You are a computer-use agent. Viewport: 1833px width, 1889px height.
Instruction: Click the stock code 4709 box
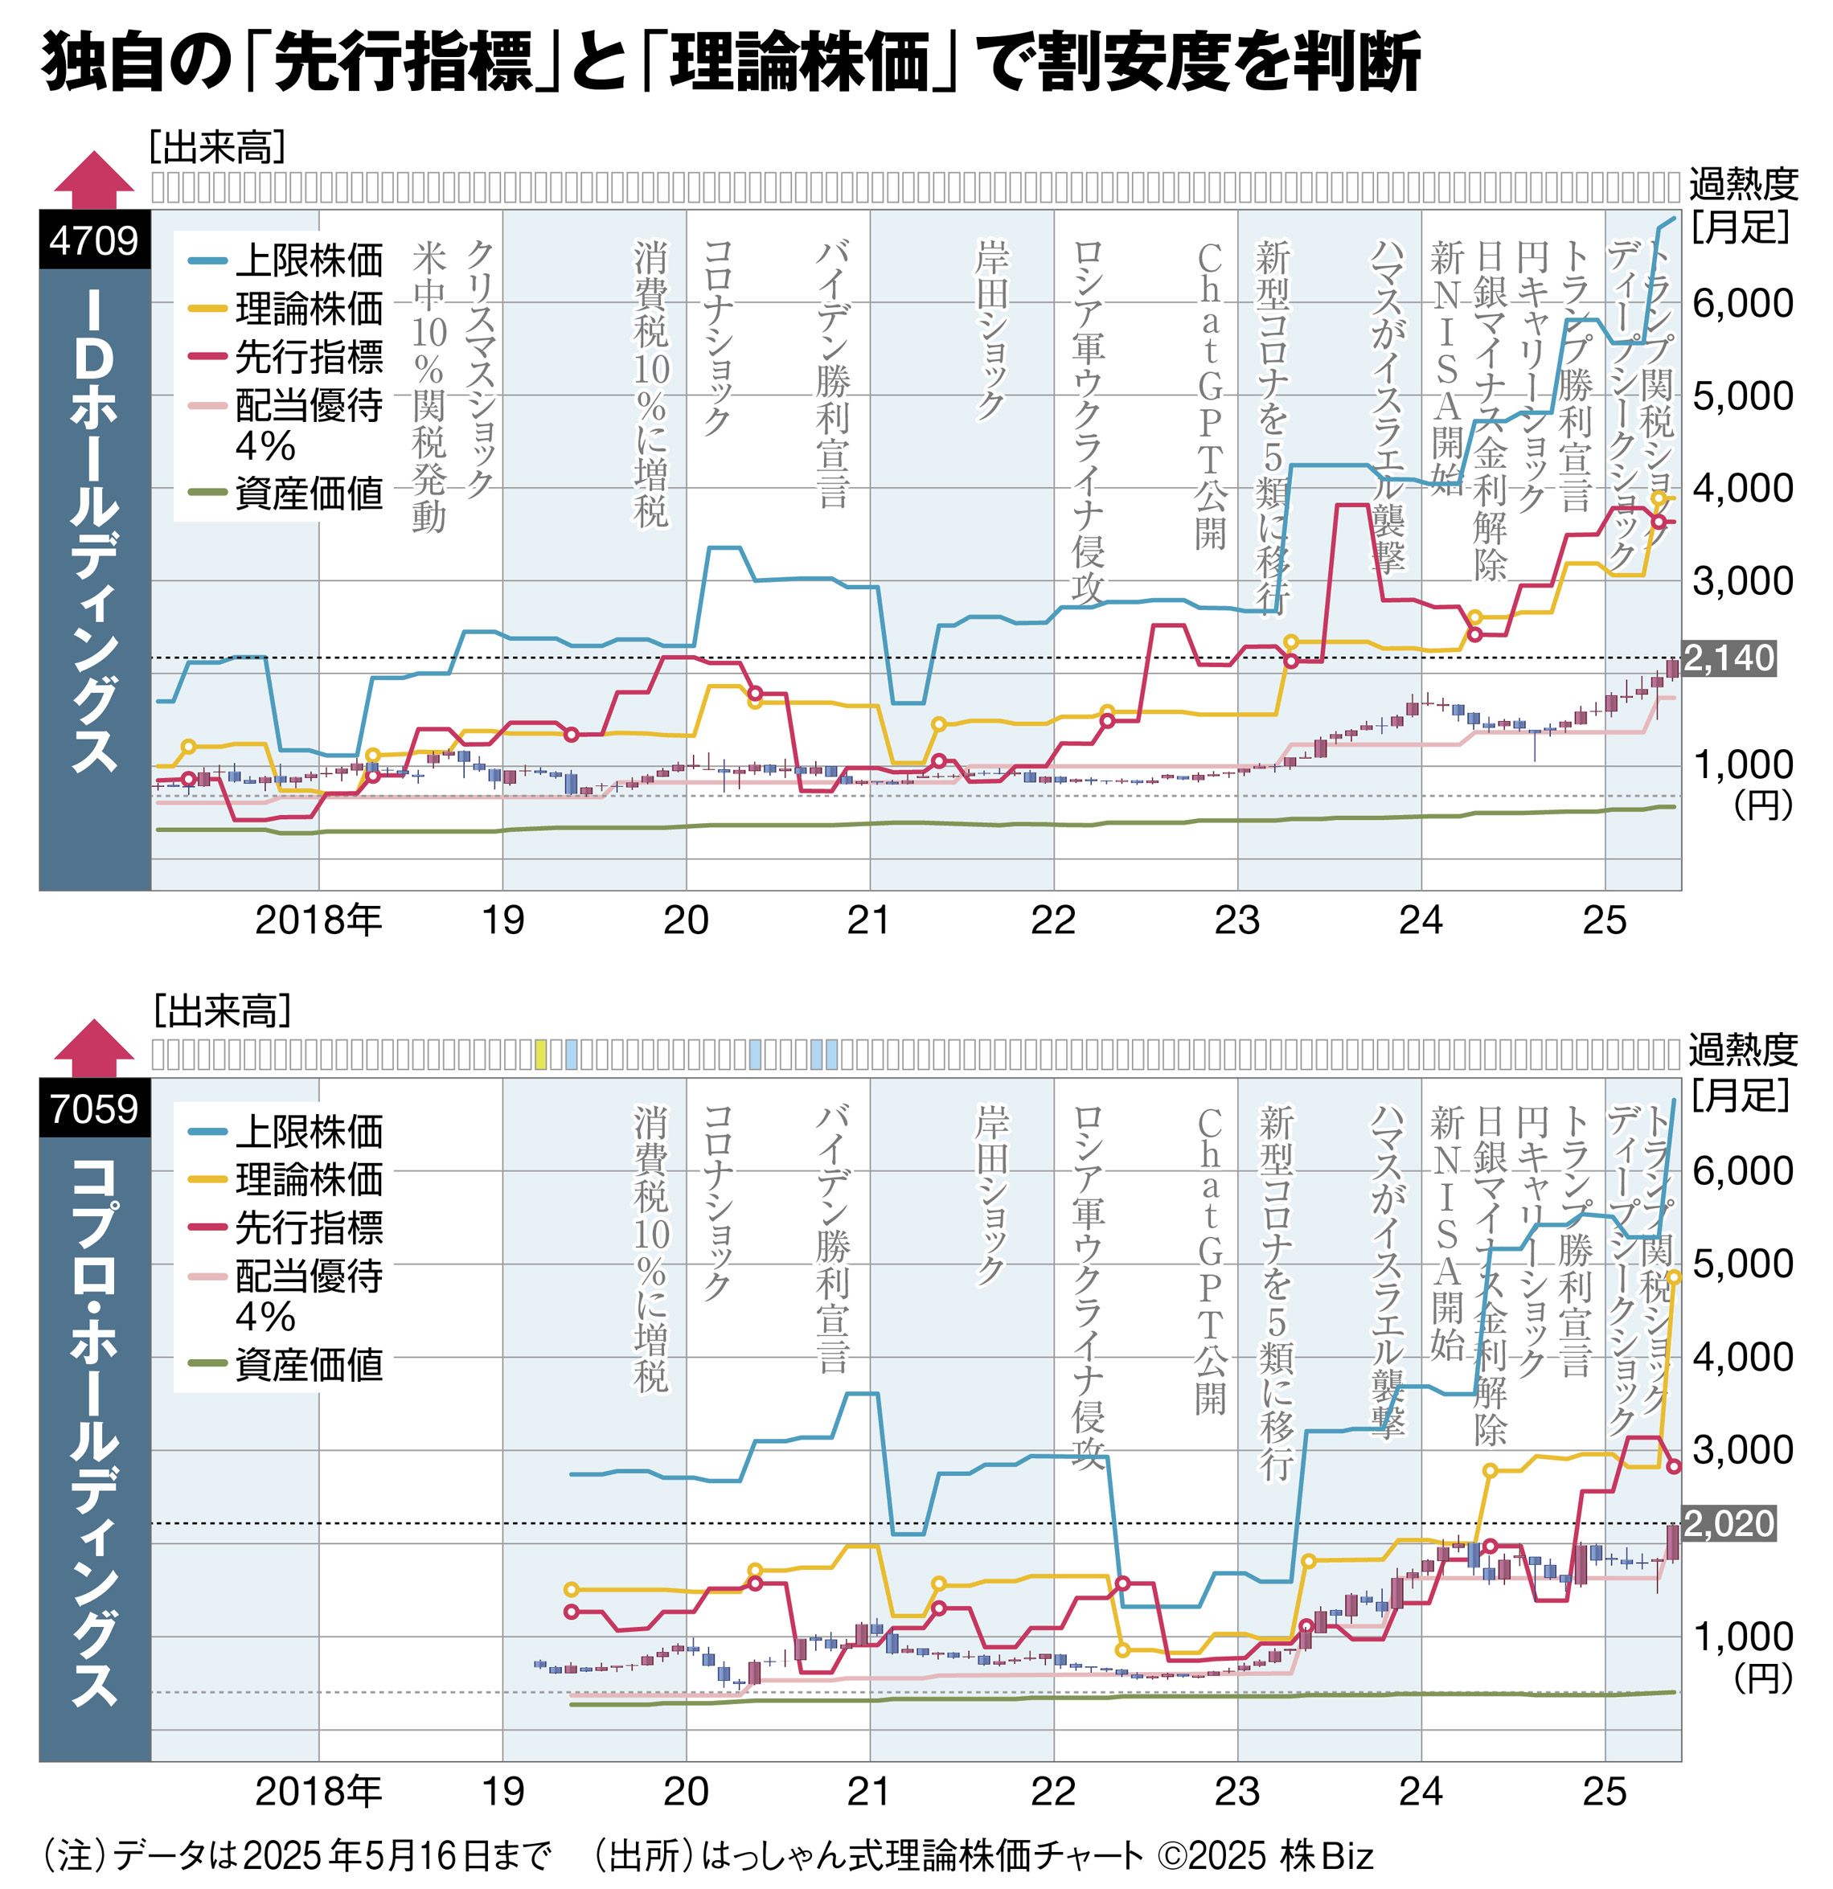94,239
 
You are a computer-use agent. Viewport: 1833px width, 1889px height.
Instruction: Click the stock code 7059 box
94,1108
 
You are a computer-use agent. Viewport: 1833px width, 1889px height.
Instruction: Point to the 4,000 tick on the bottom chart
1742,1357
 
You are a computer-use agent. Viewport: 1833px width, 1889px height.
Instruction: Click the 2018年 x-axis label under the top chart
318,920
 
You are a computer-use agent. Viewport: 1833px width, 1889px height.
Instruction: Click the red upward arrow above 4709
94,179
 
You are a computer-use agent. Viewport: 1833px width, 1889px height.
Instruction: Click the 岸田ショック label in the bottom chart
990,1195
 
